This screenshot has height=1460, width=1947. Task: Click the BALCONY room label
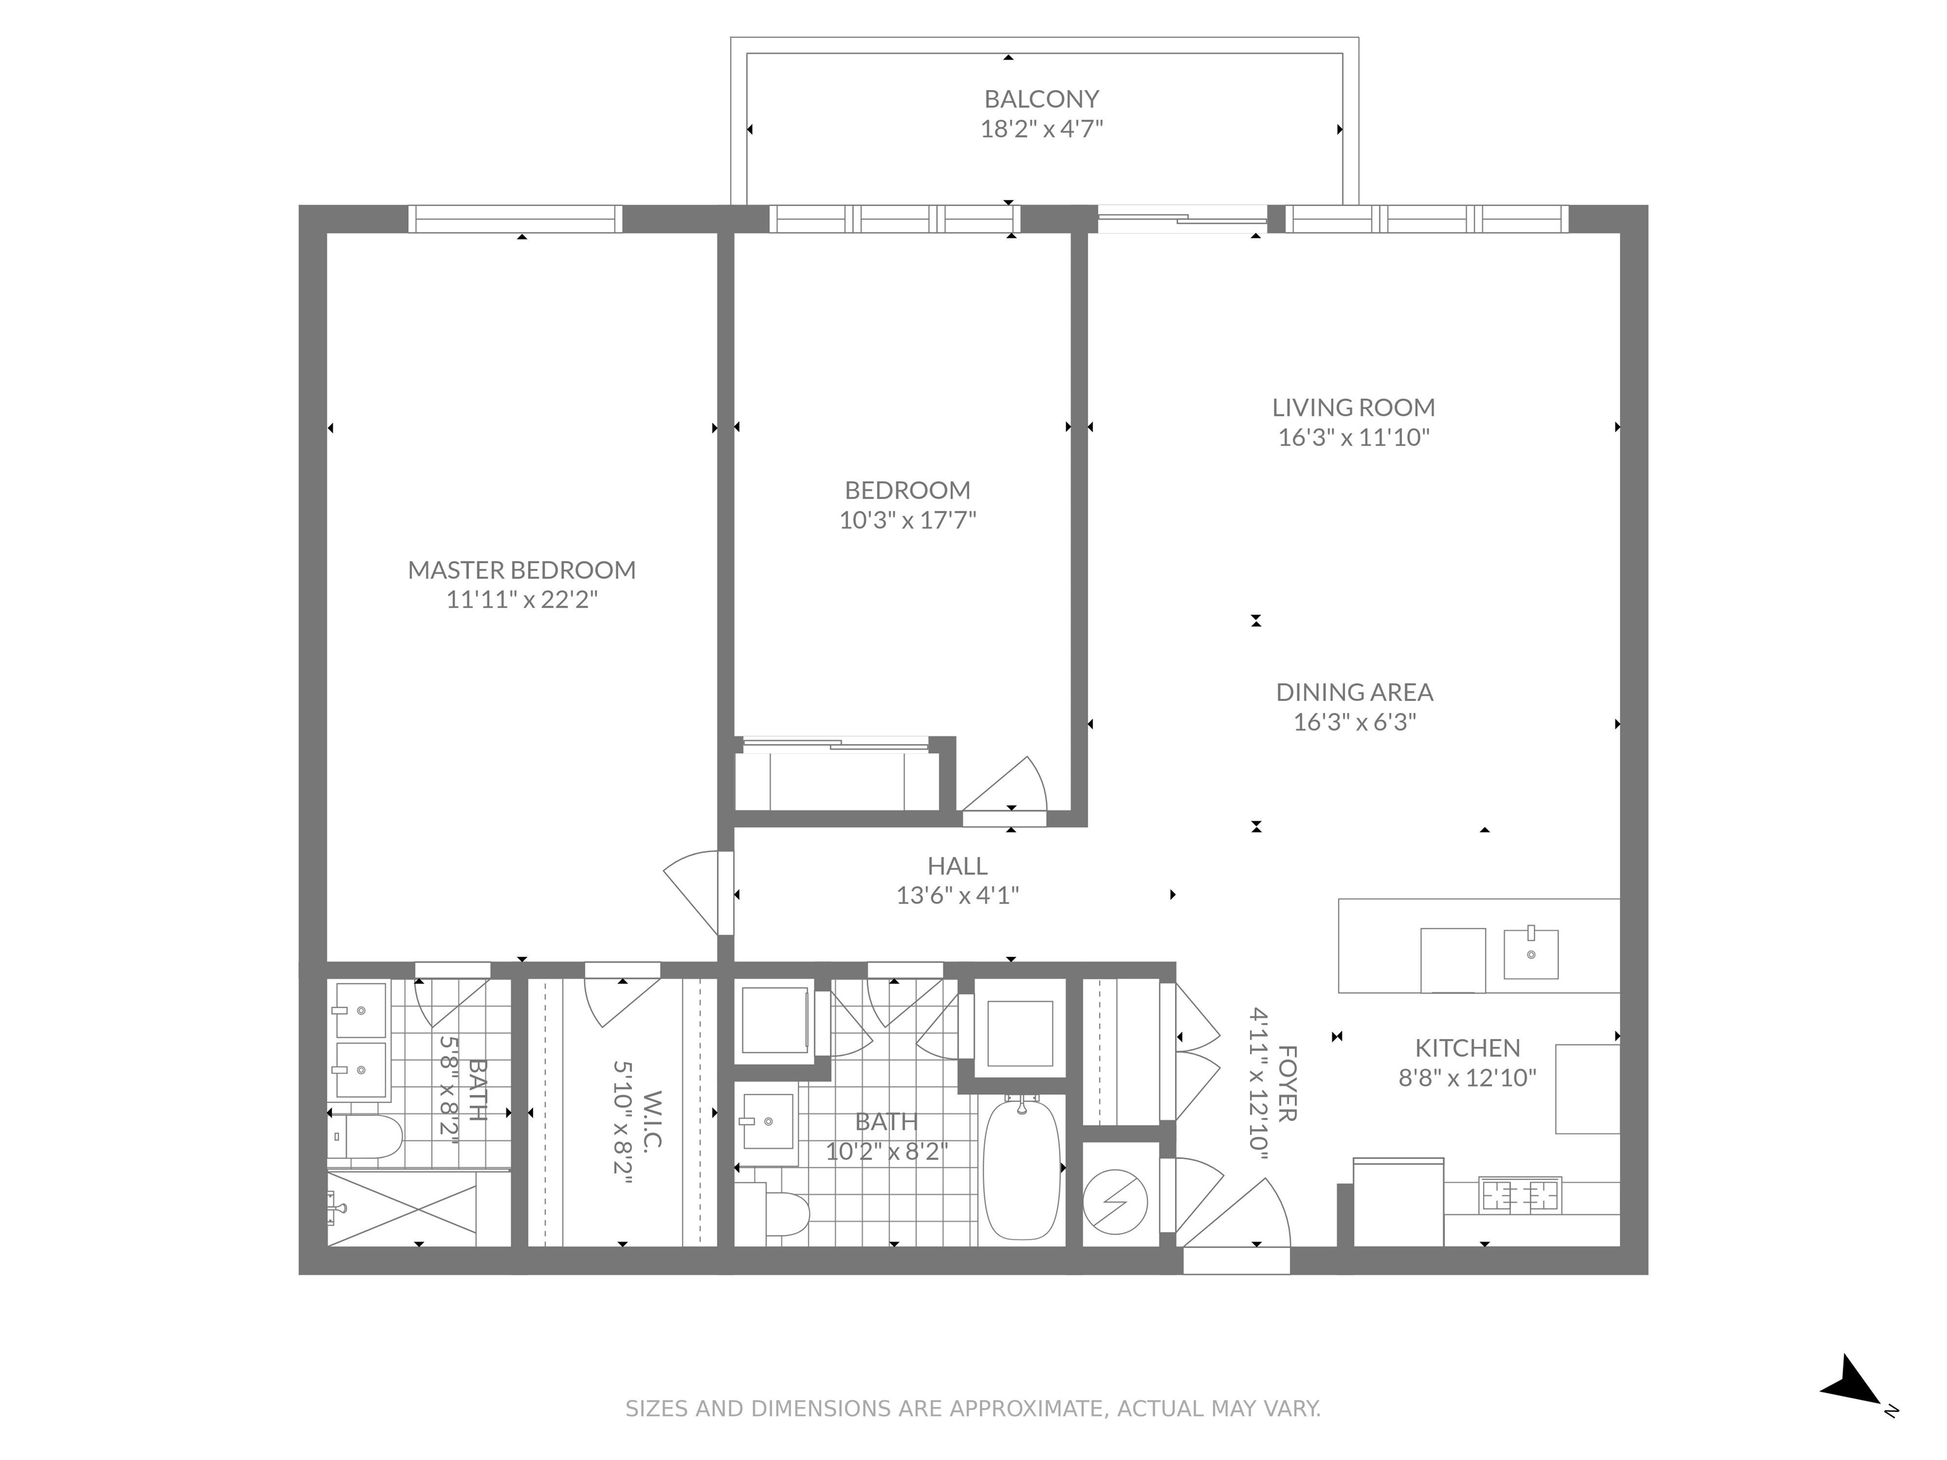[1041, 99]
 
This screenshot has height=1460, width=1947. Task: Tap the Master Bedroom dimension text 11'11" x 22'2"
[522, 600]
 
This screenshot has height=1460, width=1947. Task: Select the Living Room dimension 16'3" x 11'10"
[1353, 437]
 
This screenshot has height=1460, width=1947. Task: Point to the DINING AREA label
[1354, 693]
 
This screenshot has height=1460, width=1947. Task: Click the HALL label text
[957, 866]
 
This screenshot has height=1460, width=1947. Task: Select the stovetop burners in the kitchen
[1519, 1195]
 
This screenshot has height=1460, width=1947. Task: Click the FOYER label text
[1287, 1084]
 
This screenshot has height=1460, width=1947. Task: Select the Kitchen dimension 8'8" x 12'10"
[1467, 1078]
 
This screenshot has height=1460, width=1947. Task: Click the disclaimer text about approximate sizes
[973, 1409]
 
